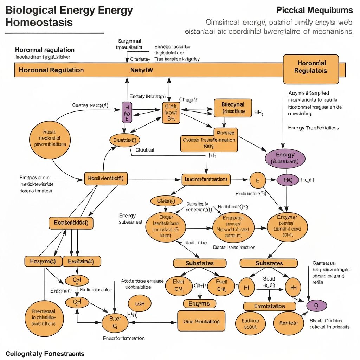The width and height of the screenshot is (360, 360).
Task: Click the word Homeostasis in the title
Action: pos(39,22)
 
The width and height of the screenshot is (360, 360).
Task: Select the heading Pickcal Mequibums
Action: pos(315,10)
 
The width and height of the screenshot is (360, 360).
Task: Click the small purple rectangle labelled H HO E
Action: pos(127,112)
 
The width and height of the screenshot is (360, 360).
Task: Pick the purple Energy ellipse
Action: pos(285,158)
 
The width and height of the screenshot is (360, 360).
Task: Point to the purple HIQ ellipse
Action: pos(288,180)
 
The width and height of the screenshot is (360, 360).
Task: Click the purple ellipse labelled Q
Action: pos(316,306)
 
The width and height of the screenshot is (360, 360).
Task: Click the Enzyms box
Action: pos(199,303)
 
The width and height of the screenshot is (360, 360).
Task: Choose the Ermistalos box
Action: pos(270,306)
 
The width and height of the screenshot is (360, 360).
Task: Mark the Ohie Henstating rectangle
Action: pos(201,321)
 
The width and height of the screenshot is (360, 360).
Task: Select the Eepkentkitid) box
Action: pos(71,223)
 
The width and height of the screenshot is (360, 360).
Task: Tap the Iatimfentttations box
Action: pos(206,179)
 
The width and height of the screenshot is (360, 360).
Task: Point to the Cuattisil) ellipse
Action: pos(124,140)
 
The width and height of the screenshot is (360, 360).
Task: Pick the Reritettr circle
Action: pos(288,322)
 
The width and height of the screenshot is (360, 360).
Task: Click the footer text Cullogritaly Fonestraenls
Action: pos(45,353)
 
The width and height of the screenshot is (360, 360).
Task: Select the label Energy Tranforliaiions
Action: pos(313,128)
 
